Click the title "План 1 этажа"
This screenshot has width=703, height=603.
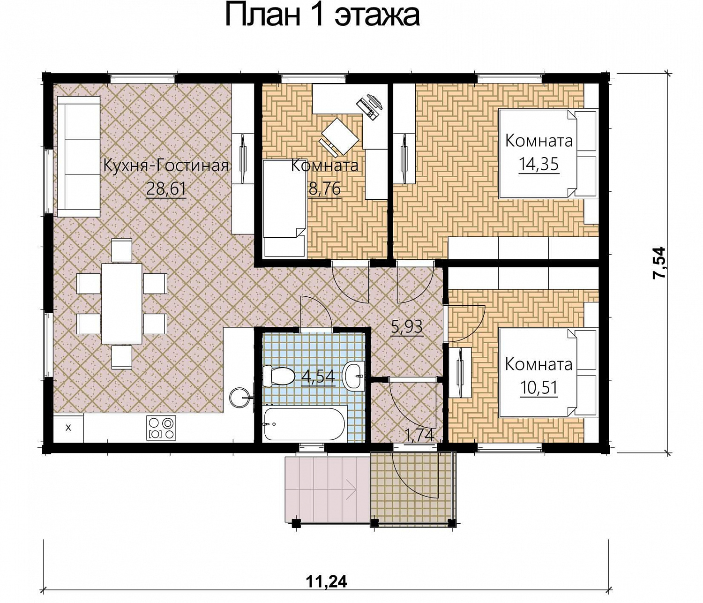(322, 16)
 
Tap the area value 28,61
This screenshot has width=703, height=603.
(166, 188)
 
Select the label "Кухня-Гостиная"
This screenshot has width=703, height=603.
(165, 166)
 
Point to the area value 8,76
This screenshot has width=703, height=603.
(324, 188)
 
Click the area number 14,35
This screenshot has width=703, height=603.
(538, 164)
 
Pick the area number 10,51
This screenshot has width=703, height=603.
(538, 387)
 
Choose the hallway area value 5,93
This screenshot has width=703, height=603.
(407, 327)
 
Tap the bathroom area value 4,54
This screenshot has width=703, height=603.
(318, 377)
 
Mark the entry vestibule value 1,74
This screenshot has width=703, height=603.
(419, 435)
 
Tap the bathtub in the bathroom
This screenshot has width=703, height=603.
(304, 424)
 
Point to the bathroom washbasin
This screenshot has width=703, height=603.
(354, 377)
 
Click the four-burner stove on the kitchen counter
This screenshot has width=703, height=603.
(161, 428)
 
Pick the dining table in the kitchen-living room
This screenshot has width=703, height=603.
(122, 303)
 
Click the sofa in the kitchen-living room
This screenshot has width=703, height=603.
(79, 157)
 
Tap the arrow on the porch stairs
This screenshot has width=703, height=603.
(351, 490)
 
